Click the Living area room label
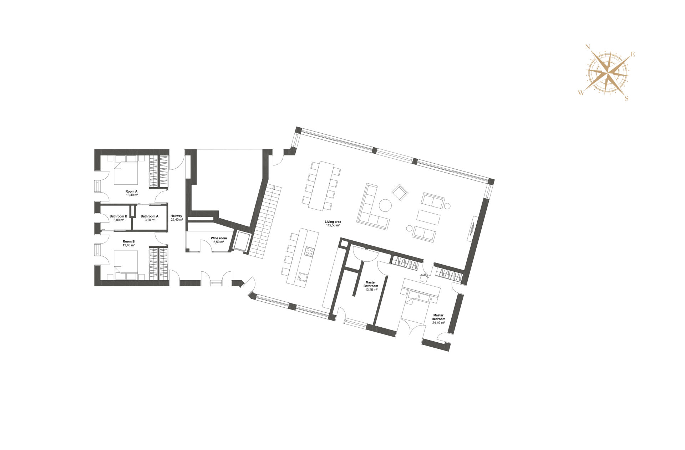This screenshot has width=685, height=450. [333, 222]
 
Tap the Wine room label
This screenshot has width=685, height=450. [219, 238]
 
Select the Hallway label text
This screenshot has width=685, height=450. [176, 216]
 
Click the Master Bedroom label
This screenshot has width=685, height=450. [438, 317]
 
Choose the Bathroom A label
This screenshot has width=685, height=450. [149, 216]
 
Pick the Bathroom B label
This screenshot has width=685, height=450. [118, 216]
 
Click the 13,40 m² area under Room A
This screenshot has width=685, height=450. [132, 195]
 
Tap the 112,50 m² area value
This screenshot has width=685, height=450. [333, 225]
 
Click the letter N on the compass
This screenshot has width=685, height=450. [588, 47]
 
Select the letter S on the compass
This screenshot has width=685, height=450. [626, 98]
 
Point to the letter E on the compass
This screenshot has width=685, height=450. [633, 55]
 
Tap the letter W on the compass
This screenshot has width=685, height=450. [581, 93]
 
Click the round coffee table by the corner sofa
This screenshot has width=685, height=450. [385, 205]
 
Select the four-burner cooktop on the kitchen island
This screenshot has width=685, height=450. [309, 251]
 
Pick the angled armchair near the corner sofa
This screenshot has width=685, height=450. [400, 193]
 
